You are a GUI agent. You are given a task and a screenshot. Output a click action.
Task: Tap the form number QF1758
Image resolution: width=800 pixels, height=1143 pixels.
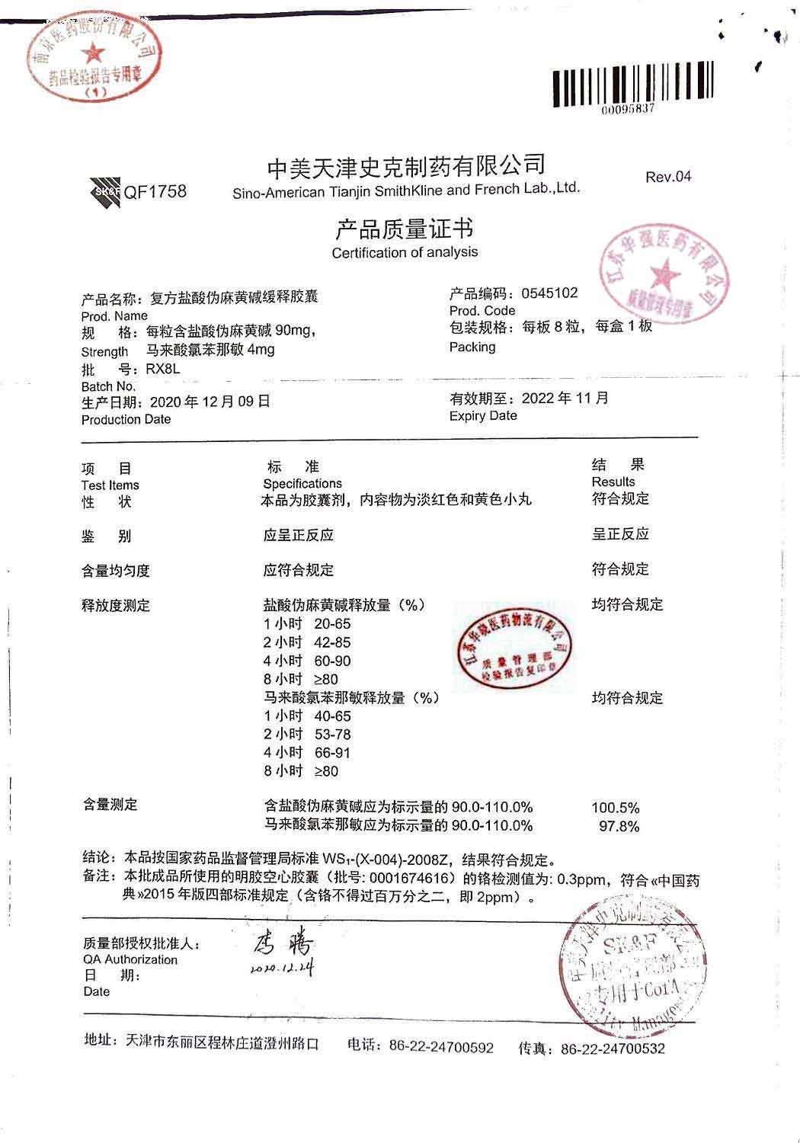point(155,192)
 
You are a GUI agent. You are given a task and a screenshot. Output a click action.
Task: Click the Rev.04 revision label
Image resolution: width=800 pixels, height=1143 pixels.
point(668,177)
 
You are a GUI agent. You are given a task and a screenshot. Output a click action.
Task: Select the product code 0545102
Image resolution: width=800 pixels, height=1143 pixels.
point(549,293)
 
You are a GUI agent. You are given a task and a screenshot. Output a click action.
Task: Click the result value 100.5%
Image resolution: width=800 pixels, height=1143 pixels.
point(615,808)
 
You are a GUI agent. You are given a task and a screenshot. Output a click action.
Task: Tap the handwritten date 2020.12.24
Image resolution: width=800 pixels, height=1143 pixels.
point(281,969)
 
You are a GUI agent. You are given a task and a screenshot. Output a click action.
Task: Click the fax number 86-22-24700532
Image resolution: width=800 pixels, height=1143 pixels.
point(613,1049)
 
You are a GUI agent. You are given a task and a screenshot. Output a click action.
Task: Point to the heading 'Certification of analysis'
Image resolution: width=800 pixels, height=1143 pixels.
point(405,252)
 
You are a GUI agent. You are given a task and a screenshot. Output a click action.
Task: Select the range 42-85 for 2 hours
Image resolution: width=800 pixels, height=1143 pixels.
point(332,642)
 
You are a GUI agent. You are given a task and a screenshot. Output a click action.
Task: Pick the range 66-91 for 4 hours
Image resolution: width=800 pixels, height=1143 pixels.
point(332,753)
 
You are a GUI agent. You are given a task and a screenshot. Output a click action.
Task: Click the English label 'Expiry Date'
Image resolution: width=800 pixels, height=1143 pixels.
point(483,416)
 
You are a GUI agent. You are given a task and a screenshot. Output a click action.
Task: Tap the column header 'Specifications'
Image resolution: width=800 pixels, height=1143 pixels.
point(302,484)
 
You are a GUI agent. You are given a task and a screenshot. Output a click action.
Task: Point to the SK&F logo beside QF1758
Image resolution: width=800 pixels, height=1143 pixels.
point(105,192)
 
